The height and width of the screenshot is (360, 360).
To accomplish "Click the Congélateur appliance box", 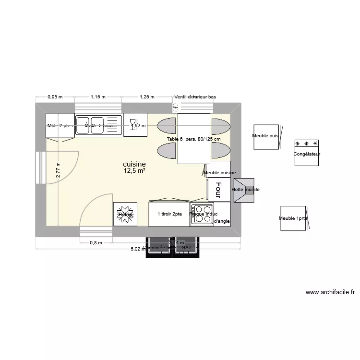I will (x=307, y=153).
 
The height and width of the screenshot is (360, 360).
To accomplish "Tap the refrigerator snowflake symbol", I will (x=125, y=214).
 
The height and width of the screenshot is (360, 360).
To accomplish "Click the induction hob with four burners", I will (x=202, y=214).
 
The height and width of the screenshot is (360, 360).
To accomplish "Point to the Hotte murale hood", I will (x=245, y=190).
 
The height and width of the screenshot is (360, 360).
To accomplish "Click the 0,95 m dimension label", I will (x=55, y=97).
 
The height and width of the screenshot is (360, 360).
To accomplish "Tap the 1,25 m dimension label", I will (x=146, y=97).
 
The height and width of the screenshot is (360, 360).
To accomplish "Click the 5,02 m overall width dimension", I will (x=139, y=249).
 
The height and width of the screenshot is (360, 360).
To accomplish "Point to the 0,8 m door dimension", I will (x=96, y=243).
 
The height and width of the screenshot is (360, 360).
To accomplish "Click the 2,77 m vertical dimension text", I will (x=58, y=170).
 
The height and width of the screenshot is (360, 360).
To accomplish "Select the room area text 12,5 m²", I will (x=134, y=171).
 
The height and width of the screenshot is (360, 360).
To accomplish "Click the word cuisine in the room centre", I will (x=134, y=164).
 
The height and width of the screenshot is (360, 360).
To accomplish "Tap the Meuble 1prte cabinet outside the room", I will (x=293, y=219).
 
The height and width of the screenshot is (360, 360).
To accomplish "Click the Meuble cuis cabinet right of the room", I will (x=266, y=136).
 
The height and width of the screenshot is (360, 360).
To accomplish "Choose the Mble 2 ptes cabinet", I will (x=60, y=126).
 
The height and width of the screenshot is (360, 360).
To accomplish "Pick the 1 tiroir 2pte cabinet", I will (x=169, y=214).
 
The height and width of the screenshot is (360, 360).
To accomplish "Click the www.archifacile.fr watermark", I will (x=330, y=291).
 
